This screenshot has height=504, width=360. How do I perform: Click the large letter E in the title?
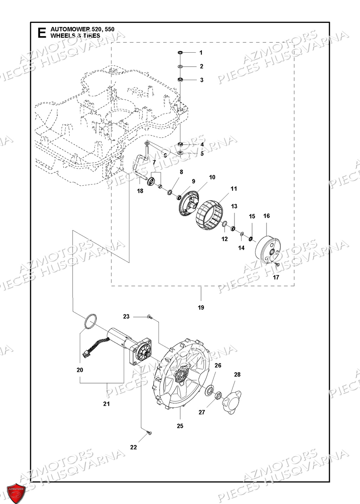41,32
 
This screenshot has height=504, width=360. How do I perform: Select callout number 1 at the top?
201,53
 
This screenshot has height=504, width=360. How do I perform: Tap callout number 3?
201,80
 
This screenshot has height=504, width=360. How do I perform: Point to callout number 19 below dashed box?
201,308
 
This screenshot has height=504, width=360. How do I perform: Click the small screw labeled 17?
276,263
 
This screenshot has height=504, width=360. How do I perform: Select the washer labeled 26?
210,390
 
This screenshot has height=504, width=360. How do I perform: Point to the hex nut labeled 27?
218,395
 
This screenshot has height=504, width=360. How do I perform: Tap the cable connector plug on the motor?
85,354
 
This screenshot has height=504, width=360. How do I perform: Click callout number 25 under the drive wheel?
180,426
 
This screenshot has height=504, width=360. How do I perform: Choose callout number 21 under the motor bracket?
107,404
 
